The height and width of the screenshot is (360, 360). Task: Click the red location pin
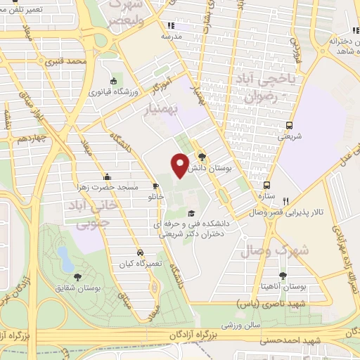(180, 164)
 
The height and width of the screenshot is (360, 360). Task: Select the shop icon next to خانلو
(156, 187)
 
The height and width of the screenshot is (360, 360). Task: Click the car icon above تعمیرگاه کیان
(141, 252)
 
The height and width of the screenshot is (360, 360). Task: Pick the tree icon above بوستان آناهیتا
(283, 276)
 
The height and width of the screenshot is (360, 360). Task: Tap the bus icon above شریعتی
(289, 127)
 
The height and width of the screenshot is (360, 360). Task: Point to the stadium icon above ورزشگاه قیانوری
(114, 81)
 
